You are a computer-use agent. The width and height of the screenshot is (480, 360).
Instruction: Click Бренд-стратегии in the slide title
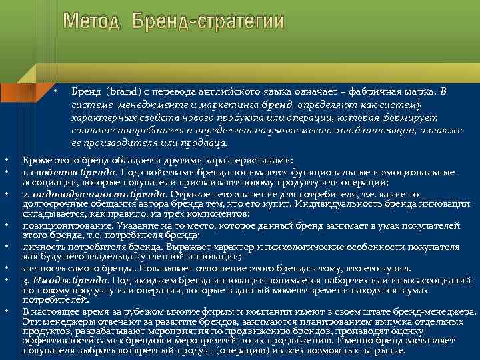tap(207, 21)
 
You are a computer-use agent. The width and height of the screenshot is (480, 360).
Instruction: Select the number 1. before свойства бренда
tap(26, 171)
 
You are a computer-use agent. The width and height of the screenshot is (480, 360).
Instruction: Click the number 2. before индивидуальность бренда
tap(27, 194)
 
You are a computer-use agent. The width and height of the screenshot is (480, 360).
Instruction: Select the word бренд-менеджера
tap(434, 311)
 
